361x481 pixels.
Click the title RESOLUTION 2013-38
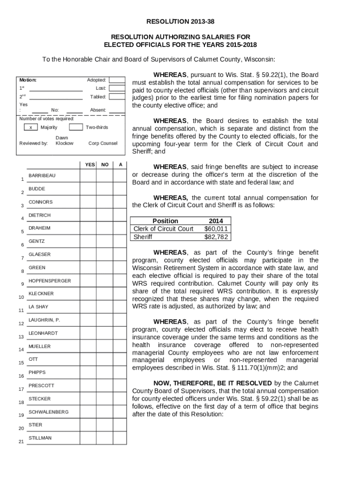(180, 22)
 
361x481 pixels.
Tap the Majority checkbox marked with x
(30, 127)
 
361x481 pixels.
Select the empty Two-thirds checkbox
(75, 127)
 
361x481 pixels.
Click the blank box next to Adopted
(117, 80)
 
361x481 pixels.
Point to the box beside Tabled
(117, 97)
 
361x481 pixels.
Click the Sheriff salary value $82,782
(216, 237)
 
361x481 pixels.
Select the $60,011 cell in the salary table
(216, 229)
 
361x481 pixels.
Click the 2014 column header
(216, 221)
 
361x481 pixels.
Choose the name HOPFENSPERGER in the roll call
(50, 281)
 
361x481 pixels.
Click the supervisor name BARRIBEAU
(42, 176)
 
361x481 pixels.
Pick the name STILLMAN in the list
(40, 438)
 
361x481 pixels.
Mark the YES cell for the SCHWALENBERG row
(88, 412)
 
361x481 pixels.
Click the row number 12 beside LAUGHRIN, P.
(21, 324)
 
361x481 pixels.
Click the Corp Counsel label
(103, 143)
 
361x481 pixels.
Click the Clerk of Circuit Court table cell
(163, 229)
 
